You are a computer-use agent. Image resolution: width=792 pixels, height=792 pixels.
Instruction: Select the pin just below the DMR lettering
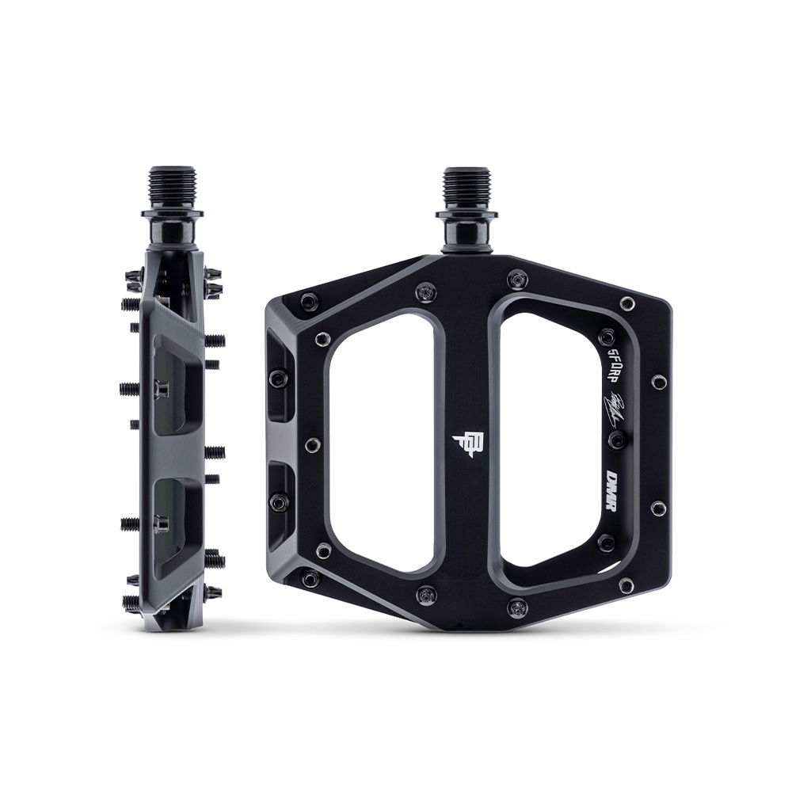606,543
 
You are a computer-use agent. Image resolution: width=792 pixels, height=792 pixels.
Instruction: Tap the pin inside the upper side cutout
278,378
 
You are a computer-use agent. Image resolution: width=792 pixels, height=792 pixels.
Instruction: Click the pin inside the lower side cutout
278,501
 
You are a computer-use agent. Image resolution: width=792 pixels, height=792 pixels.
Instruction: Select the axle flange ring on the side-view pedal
172,213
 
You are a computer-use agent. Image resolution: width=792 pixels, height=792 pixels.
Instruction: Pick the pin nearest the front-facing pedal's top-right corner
627,303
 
